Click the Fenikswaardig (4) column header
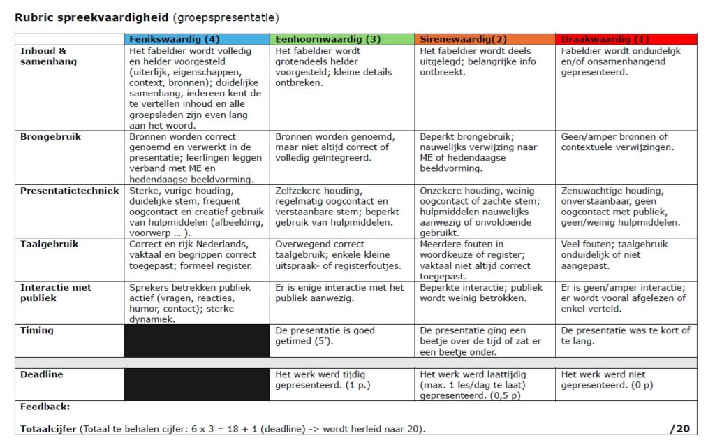pyautogui.click(x=196, y=39)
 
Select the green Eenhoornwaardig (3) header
pyautogui.click(x=342, y=39)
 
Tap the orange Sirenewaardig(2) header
pyautogui.click(x=485, y=39)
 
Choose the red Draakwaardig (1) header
pyautogui.click(x=626, y=39)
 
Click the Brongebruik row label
pyautogui.click(x=50, y=137)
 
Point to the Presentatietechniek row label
pyautogui.click(x=69, y=191)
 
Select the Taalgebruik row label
pyautogui.click(x=49, y=245)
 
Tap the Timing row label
pyautogui.click(x=36, y=330)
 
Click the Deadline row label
pyautogui.click(x=41, y=374)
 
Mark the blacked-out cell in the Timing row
pyautogui.click(x=196, y=341)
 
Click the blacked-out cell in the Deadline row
pyautogui.click(x=196, y=385)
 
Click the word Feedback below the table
pyautogui.click(x=45, y=407)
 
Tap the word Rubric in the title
pyautogui.click(x=33, y=16)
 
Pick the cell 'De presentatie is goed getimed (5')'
pyautogui.click(x=342, y=336)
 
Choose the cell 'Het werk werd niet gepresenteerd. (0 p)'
pyautogui.click(x=626, y=380)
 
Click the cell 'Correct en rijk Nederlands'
pyautogui.click(x=196, y=255)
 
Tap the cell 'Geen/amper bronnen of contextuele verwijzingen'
pyautogui.click(x=626, y=142)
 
